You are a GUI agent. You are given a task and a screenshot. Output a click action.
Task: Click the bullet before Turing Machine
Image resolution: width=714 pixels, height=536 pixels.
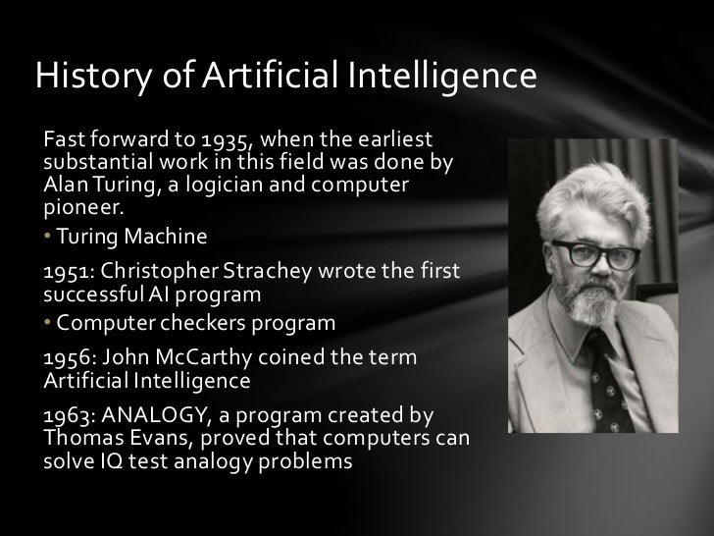49,239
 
